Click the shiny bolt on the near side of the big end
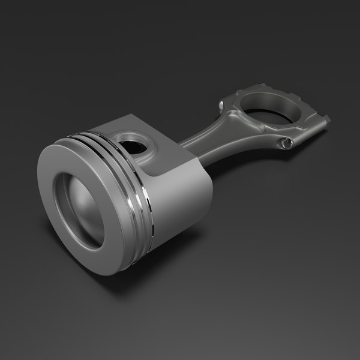coord(287,142)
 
